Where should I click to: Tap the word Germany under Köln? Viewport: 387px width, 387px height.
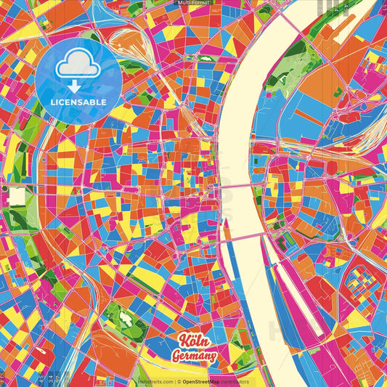point(194,357)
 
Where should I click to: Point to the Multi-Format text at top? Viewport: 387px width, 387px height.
point(193,3)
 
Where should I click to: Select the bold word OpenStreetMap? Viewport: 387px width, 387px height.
point(203,381)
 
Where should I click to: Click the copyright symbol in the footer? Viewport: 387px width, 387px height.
point(176,381)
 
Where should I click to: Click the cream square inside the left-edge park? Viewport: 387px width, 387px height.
point(17,195)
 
